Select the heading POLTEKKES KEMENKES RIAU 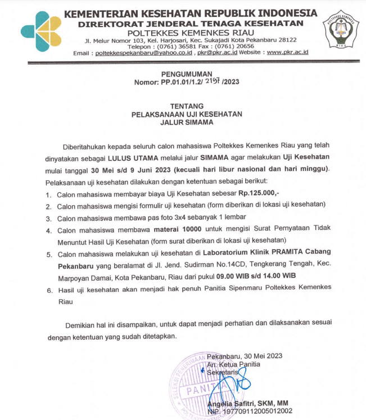point(191,31)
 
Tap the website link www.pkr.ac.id point(287,52)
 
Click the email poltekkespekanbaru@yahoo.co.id point(144,52)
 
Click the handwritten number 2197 point(213,82)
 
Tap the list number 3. point(49,218)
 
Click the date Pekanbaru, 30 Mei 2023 point(244,356)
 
